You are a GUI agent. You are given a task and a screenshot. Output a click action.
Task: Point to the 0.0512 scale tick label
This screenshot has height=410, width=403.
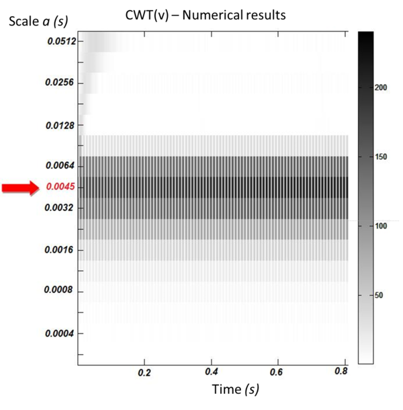point(60,41)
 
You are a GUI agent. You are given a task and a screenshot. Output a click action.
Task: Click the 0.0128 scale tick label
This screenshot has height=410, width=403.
point(60,125)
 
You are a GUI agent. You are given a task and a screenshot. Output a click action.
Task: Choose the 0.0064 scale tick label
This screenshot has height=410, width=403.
point(60,166)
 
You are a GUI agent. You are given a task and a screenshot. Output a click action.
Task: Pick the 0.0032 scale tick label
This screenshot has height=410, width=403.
point(60,208)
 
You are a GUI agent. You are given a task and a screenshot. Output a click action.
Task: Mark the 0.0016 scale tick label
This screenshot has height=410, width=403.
point(60,250)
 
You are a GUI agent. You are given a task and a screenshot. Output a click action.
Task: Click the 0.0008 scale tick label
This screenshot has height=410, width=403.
point(60,292)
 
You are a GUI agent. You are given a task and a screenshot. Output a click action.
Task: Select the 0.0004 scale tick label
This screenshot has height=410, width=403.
point(60,333)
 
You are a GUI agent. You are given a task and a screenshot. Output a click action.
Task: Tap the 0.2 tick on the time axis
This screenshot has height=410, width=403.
point(143,372)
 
